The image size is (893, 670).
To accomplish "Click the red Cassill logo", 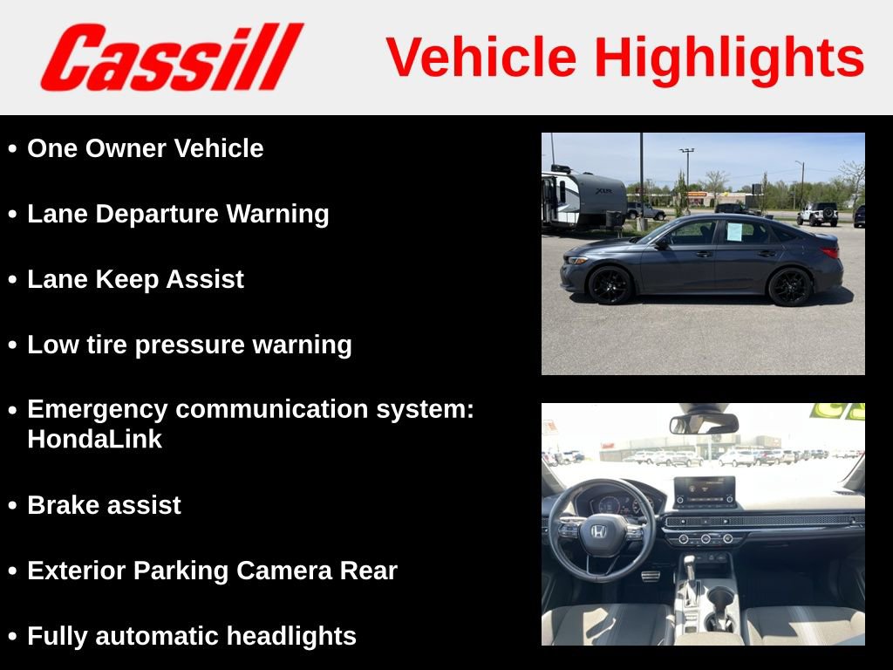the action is tap(172, 57).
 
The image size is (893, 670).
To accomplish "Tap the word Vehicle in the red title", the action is tap(481, 57).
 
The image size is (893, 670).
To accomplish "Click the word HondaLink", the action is tap(94, 440).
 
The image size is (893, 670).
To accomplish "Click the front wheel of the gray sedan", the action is tap(610, 285).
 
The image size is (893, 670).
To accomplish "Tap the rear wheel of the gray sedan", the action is tap(789, 286).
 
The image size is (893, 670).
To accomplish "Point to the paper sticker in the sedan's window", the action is tap(734, 232).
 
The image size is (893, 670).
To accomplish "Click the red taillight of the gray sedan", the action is tap(830, 252).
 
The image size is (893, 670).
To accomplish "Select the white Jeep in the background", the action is tap(818, 215).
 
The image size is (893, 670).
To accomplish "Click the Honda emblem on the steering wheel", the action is tap(598, 531).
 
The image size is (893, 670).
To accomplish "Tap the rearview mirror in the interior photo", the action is tap(704, 424).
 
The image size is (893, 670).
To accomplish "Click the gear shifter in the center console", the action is tap(691, 571).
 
